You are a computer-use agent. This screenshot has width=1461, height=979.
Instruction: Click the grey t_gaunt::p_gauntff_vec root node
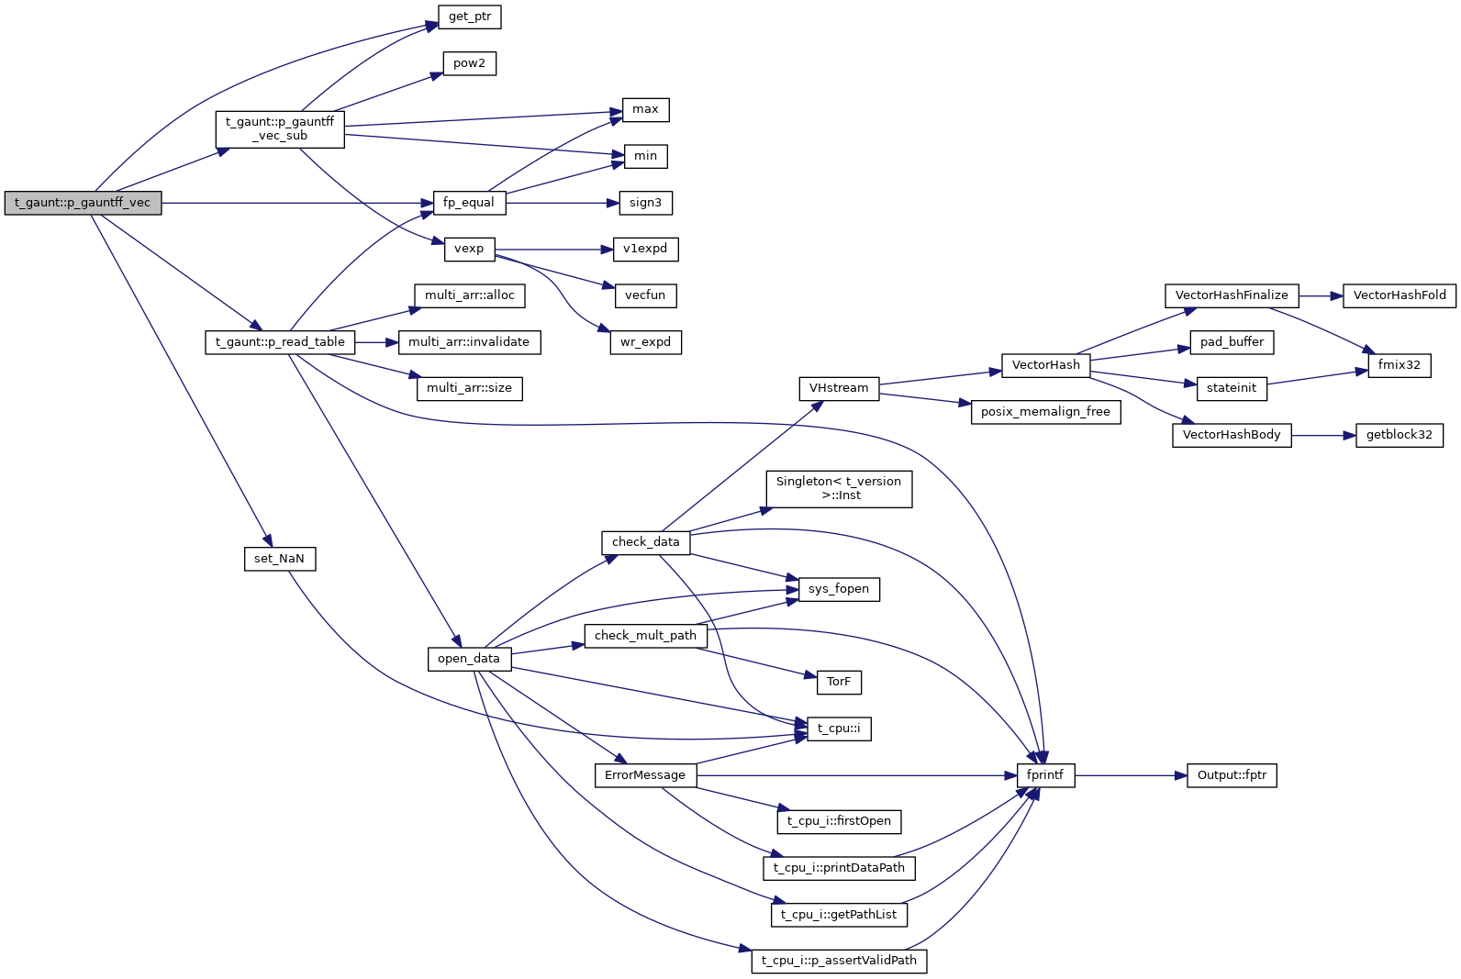coord(83,203)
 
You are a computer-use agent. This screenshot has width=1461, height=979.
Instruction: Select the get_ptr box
coord(470,17)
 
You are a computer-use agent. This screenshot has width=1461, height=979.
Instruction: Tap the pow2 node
coord(469,63)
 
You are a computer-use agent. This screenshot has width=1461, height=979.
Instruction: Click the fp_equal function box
coord(468,203)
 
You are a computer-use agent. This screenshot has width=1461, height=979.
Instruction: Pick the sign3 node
coord(645,203)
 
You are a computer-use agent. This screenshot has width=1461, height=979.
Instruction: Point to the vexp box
coord(469,249)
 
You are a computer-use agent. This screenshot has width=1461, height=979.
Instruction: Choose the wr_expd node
coord(645,342)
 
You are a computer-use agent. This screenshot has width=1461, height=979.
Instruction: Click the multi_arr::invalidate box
coord(469,342)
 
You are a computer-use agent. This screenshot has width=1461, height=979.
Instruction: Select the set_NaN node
coord(279,559)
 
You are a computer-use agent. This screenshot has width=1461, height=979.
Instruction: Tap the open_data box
coord(468,659)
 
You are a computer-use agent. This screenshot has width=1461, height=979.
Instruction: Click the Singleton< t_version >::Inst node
coord(839,488)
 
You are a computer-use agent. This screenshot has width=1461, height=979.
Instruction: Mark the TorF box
coord(838,682)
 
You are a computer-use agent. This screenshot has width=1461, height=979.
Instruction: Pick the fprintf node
coord(1045,775)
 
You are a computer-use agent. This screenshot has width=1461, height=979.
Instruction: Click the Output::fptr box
coord(1232,775)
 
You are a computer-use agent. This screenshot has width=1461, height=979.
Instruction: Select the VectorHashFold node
coord(1399,295)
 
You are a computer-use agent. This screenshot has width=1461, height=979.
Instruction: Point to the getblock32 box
coord(1399,435)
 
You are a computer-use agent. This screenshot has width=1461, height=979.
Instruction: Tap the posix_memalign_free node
coord(1045,412)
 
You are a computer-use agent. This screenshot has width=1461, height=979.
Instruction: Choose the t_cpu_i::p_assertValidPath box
coord(839,961)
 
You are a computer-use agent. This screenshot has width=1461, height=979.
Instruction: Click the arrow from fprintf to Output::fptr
coord(1130,775)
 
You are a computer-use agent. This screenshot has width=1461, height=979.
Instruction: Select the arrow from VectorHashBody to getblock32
coord(1323,435)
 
